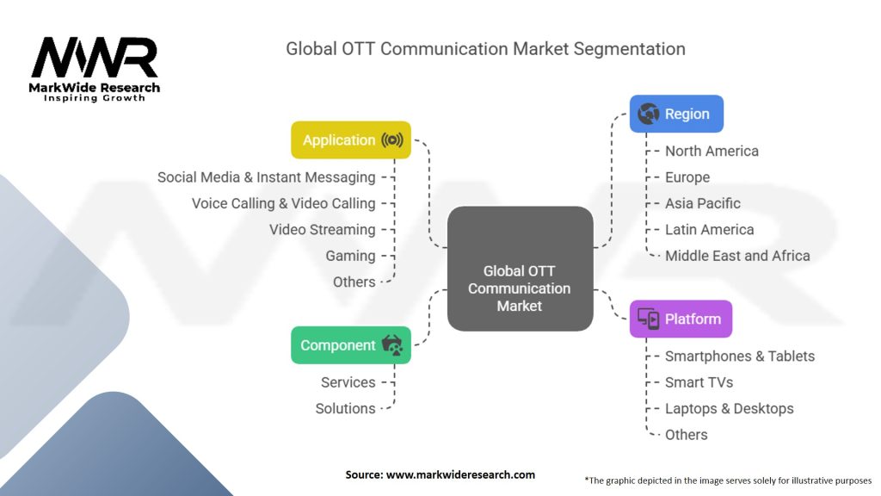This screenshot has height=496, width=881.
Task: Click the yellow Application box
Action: click(x=351, y=140)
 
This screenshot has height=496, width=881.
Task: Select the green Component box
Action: click(x=351, y=345)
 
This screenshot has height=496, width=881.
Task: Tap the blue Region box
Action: click(x=676, y=114)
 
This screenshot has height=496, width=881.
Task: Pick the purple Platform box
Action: click(x=681, y=319)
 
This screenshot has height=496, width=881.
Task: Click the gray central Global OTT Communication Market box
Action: click(x=521, y=269)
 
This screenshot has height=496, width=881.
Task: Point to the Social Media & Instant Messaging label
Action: click(x=267, y=177)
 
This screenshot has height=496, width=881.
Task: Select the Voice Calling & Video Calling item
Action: click(x=284, y=203)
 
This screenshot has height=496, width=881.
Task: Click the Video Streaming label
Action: click(x=322, y=229)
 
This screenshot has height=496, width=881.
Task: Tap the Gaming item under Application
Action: click(x=351, y=256)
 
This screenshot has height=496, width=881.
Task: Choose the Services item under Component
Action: click(x=348, y=382)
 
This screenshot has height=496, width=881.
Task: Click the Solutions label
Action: click(x=346, y=408)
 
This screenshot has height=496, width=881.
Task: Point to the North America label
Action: click(x=712, y=151)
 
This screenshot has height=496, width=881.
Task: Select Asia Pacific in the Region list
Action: click(x=703, y=203)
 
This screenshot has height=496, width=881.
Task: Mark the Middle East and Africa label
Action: click(x=737, y=256)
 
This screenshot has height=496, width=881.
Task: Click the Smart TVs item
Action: click(x=699, y=382)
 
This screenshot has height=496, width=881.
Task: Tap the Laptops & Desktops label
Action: click(x=730, y=409)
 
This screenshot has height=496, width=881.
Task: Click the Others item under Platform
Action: click(x=686, y=435)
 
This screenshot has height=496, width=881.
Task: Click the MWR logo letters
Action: click(x=95, y=58)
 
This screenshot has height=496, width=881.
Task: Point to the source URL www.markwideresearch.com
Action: click(x=461, y=474)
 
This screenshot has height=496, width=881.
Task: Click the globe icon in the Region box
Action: click(x=649, y=114)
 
